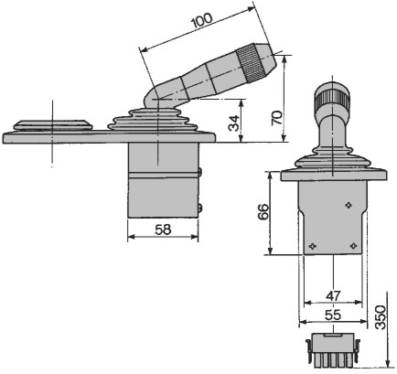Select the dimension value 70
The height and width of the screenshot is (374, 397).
pyautogui.click(x=277, y=118)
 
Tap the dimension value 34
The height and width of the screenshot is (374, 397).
pyautogui.click(x=235, y=123)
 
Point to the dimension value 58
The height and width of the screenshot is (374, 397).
pyautogui.click(x=163, y=230)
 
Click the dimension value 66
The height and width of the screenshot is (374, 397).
pyautogui.click(x=263, y=211)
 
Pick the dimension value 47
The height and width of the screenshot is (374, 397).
pyautogui.click(x=333, y=295)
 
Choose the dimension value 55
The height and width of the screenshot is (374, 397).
pyautogui.click(x=333, y=315)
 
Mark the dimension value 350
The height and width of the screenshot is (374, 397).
pyautogui.click(x=381, y=317)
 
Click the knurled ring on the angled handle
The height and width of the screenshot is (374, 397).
pyautogui.click(x=252, y=63)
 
